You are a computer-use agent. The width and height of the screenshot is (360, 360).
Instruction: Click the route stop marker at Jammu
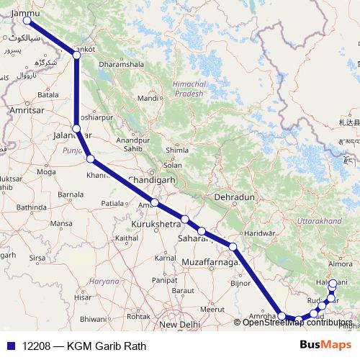27,20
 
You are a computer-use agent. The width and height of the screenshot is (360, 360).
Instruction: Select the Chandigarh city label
151,179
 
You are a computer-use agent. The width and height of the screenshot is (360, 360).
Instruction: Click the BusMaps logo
325,346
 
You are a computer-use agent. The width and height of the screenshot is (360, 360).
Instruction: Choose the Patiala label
112,204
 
